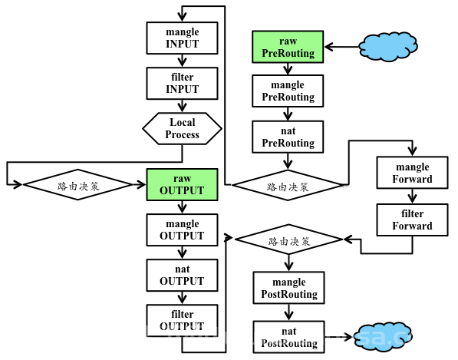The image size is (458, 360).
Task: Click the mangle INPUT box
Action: (182, 38)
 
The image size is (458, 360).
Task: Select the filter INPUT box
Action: (182, 83)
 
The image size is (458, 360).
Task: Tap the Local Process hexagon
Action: (182, 129)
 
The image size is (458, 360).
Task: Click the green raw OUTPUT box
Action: (182, 184)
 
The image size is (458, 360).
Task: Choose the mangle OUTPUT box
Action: (182, 230)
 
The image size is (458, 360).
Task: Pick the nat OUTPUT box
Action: (182, 276)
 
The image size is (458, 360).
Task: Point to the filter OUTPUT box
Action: (182, 321)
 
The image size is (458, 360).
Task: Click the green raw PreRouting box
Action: (288, 47)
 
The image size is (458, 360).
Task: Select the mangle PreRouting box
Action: (288, 91)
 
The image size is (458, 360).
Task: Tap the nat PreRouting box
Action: (288, 137)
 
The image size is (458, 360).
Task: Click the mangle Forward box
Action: (412, 173)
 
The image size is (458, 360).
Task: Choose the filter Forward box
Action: (412, 220)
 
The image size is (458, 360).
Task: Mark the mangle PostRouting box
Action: (289, 288)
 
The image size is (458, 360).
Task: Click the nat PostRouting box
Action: (289, 337)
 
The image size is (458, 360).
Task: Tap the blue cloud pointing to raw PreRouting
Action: (388, 47)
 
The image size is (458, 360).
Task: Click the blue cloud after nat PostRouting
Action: (383, 337)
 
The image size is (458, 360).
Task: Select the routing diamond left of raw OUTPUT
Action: (77, 184)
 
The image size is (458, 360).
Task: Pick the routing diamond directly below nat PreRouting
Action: (288, 185)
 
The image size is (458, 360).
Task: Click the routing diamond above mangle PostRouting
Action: (289, 239)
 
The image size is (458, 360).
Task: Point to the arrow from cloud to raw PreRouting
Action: (341, 47)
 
